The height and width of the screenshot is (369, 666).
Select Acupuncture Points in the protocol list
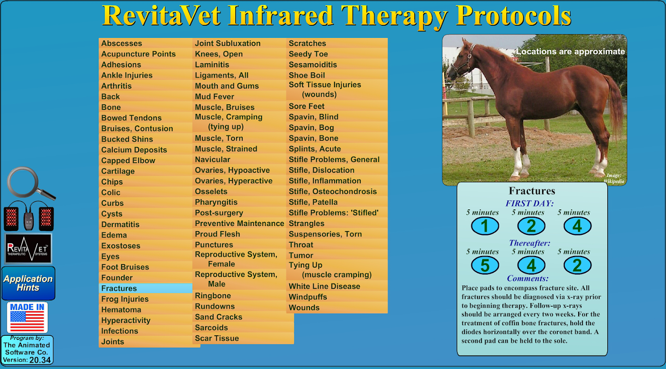click(x=138, y=54)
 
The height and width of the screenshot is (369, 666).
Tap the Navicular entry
click(x=213, y=160)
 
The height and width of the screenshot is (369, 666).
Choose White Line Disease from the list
click(x=324, y=286)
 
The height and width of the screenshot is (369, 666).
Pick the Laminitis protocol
click(x=212, y=65)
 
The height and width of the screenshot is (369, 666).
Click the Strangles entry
click(x=306, y=224)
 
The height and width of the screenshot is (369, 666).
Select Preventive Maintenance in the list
click(x=239, y=223)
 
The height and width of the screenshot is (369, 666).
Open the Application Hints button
click(x=28, y=283)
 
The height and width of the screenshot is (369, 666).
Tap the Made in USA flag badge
click(x=27, y=317)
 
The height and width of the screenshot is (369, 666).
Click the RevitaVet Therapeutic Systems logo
click(x=28, y=249)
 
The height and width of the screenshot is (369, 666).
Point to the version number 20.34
click(x=40, y=360)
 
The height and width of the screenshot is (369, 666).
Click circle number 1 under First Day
click(x=485, y=226)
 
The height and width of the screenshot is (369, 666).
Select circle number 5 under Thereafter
click(x=485, y=265)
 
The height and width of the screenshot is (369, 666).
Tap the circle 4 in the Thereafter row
click(x=532, y=265)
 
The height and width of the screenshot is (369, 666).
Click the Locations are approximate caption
click(x=570, y=52)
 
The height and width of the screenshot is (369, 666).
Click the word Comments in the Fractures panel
click(x=528, y=279)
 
